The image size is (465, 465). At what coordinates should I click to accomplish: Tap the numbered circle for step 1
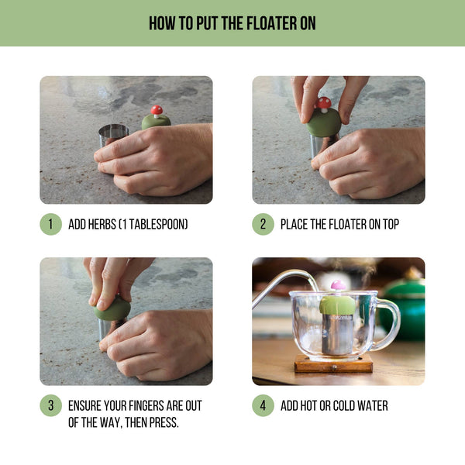coord(50,225)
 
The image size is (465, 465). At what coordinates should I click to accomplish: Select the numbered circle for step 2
coord(263,225)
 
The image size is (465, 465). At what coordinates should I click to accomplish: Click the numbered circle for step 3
coord(50,405)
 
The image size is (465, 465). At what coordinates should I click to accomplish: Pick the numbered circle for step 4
coord(263,405)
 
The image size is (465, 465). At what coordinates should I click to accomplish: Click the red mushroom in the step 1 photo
coord(157,111)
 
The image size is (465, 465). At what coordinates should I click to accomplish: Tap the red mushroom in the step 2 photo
coord(324,102)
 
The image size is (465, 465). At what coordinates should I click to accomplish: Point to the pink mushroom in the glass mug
coord(338,286)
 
